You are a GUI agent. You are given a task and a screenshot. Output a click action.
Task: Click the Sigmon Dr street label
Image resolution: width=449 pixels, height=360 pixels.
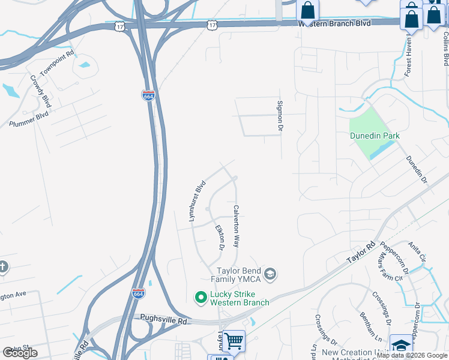[x=279, y=116]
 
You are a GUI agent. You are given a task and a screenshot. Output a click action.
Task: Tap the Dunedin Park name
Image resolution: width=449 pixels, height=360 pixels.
[x=375, y=136]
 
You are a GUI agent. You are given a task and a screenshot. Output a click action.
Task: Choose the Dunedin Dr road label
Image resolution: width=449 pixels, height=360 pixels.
[x=416, y=170]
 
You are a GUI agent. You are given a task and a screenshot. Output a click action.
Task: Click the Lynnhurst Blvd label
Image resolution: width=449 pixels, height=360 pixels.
[x=197, y=202]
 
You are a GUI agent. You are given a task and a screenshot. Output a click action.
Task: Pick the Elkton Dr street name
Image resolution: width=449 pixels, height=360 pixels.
[x=220, y=237]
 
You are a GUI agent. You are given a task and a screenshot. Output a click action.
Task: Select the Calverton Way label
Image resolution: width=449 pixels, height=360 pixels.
[x=237, y=227]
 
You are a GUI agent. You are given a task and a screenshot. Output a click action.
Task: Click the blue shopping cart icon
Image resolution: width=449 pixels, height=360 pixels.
[x=234, y=341]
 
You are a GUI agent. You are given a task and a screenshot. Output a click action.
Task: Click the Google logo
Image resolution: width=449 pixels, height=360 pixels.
[x=20, y=352]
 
